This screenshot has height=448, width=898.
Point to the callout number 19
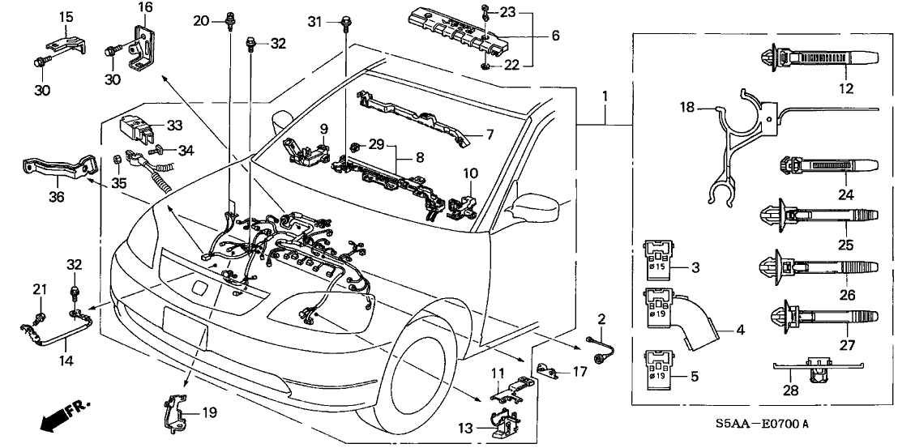(x=208, y=412)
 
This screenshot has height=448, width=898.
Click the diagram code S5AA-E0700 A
(x=762, y=424)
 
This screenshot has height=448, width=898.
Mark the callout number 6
(x=556, y=36)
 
